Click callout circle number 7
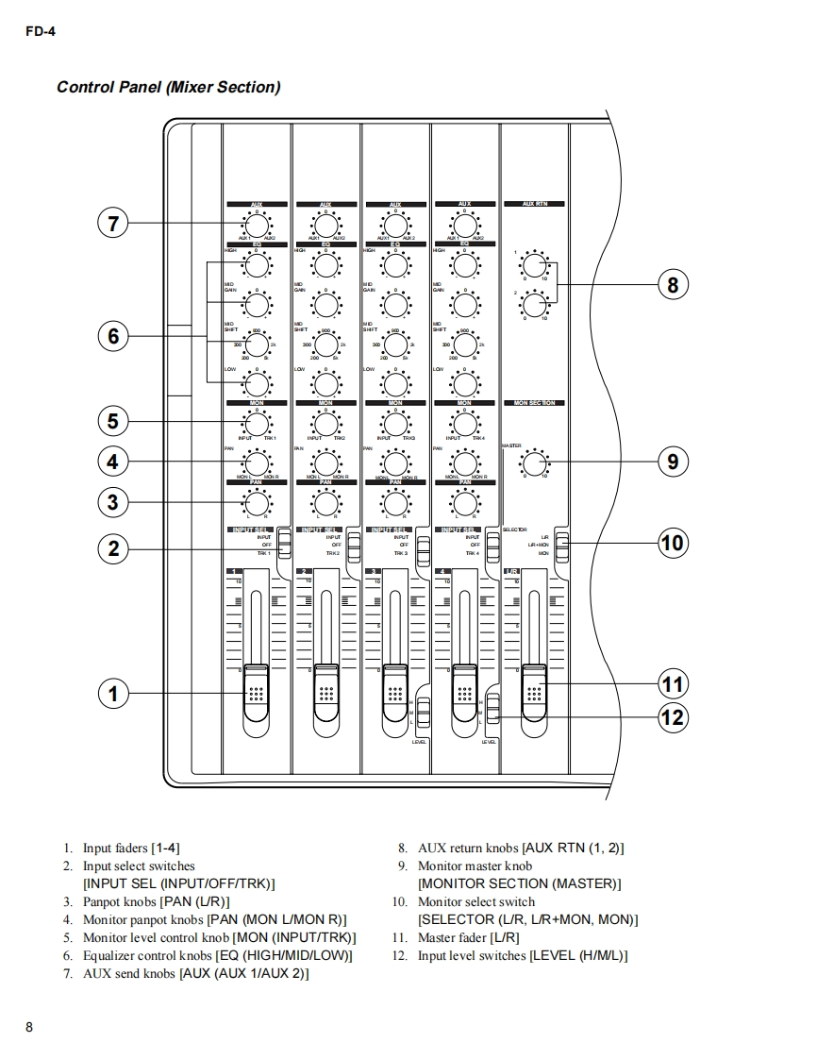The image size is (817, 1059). click(112, 224)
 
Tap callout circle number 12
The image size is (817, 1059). click(673, 717)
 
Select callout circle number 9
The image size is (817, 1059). click(673, 462)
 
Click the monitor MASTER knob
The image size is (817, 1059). click(534, 462)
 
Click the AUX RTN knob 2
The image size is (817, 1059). click(534, 305)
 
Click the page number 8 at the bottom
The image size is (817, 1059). click(29, 1028)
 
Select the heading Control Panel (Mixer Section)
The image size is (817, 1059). click(168, 88)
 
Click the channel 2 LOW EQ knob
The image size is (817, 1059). click(325, 383)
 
